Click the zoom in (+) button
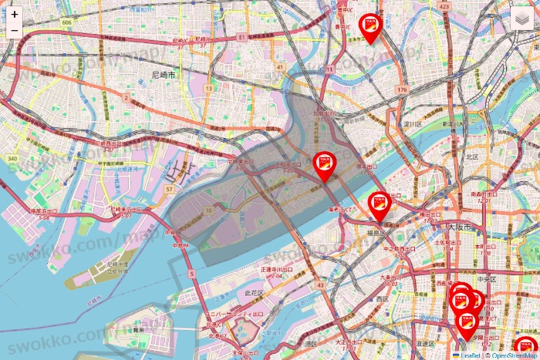point(15,14)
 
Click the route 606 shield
point(67,23)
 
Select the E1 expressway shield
point(241,36)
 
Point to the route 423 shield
point(444,6)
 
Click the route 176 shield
point(401,90)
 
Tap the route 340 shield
point(12,158)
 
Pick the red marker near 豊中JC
point(370,31)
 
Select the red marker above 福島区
point(380,205)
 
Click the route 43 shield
point(319,285)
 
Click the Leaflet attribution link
point(470,355)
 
